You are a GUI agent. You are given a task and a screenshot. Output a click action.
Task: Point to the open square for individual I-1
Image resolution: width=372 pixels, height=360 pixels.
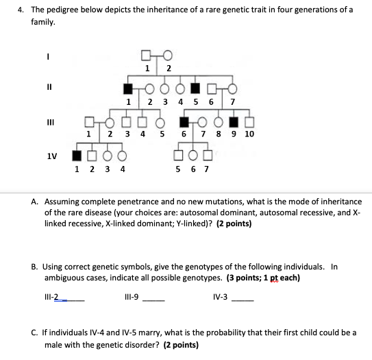click(147, 56)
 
